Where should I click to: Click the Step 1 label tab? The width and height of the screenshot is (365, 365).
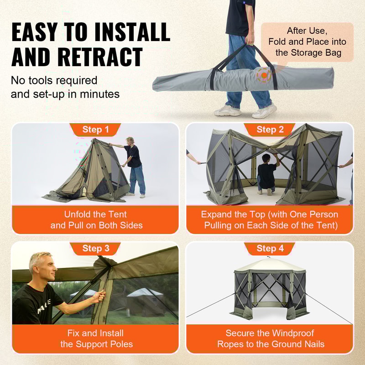(x=95, y=130)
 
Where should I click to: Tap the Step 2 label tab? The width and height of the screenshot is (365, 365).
(x=270, y=130)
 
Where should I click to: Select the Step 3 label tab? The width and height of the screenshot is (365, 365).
(x=95, y=249)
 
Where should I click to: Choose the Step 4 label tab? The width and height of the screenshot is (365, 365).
(x=270, y=249)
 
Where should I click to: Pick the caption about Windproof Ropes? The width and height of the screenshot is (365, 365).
(x=270, y=338)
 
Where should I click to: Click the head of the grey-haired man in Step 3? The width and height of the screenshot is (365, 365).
(x=42, y=267)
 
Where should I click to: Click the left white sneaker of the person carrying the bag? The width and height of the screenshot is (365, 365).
(x=227, y=110)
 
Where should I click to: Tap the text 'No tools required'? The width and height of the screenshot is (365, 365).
(x=54, y=81)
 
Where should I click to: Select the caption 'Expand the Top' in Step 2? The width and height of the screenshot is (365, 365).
(x=270, y=219)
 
